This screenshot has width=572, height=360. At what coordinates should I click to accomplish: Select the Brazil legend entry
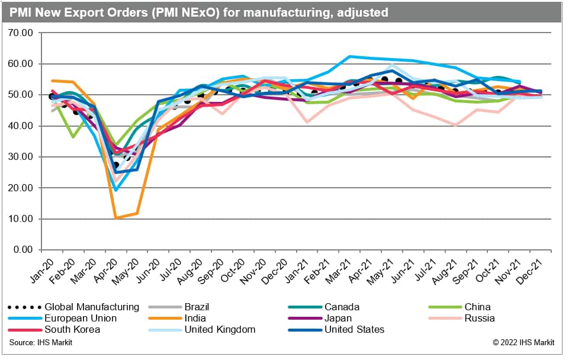tap(196, 307)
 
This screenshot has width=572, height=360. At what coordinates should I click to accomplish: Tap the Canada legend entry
tap(342, 307)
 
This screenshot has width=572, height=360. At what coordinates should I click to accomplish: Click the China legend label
tap(477, 307)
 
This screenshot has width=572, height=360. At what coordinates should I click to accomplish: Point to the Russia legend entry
tap(480, 318)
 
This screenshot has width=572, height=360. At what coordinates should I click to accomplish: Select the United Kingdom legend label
tap(219, 329)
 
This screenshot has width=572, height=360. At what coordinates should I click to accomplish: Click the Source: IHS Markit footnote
tap(41, 343)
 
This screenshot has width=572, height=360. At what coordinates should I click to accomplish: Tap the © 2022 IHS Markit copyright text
tap(523, 343)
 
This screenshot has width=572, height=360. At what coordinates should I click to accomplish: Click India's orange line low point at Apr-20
tap(117, 218)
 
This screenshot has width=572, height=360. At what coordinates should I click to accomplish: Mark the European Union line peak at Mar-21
tap(349, 57)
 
